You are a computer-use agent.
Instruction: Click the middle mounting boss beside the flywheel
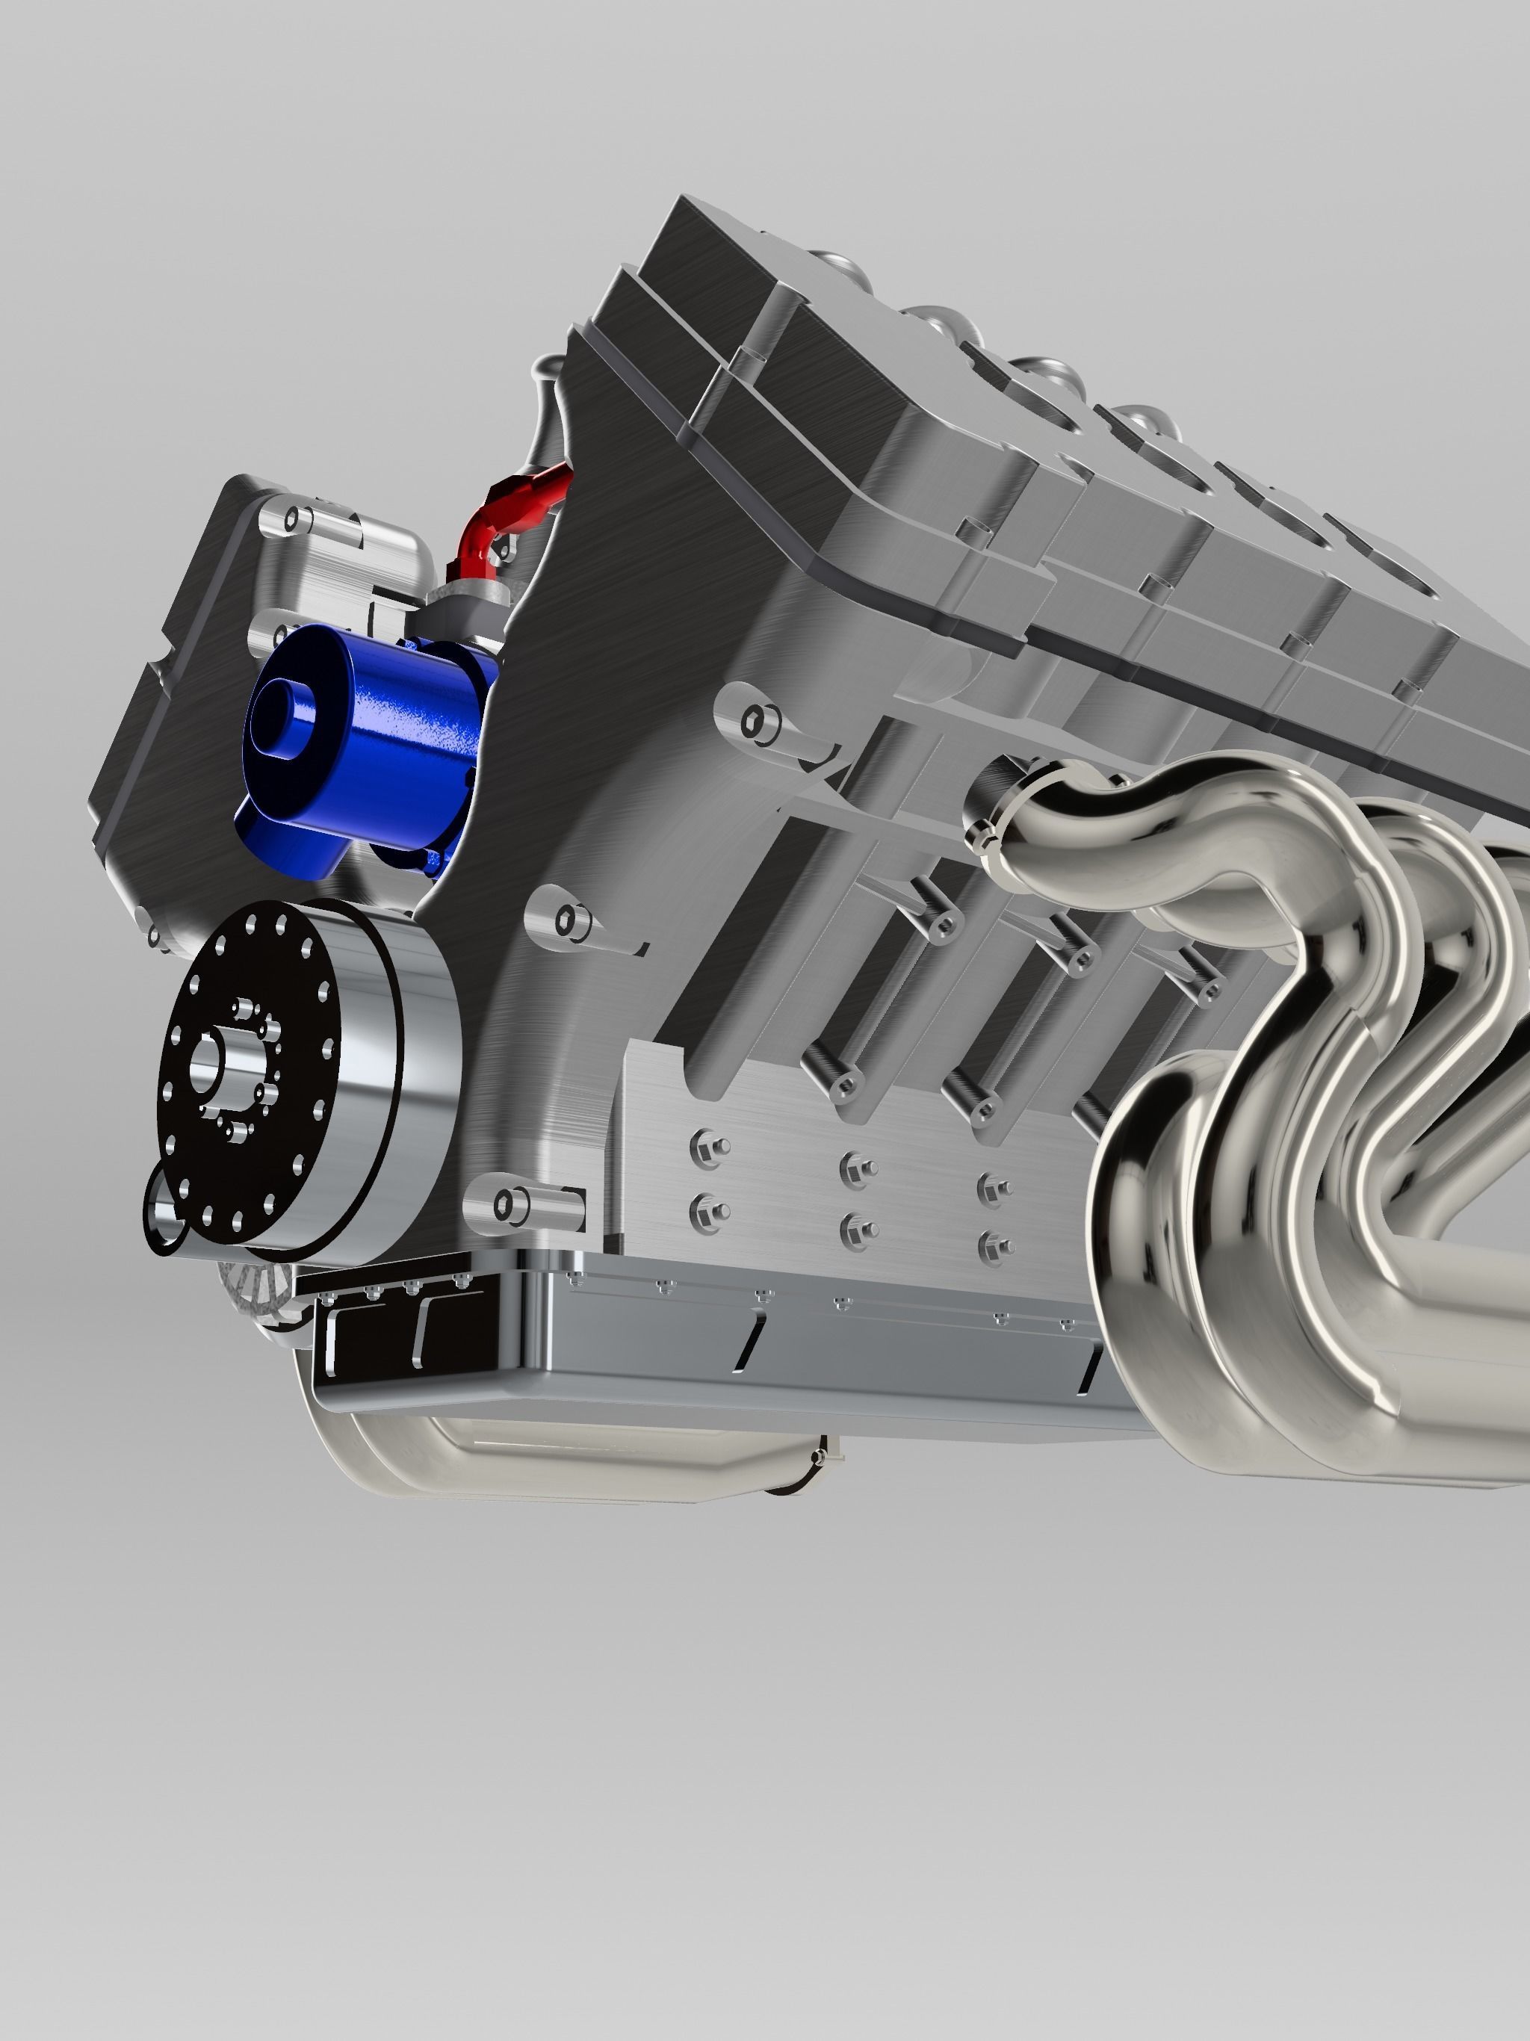click(572, 919)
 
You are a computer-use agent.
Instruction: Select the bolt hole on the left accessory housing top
click(293, 518)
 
